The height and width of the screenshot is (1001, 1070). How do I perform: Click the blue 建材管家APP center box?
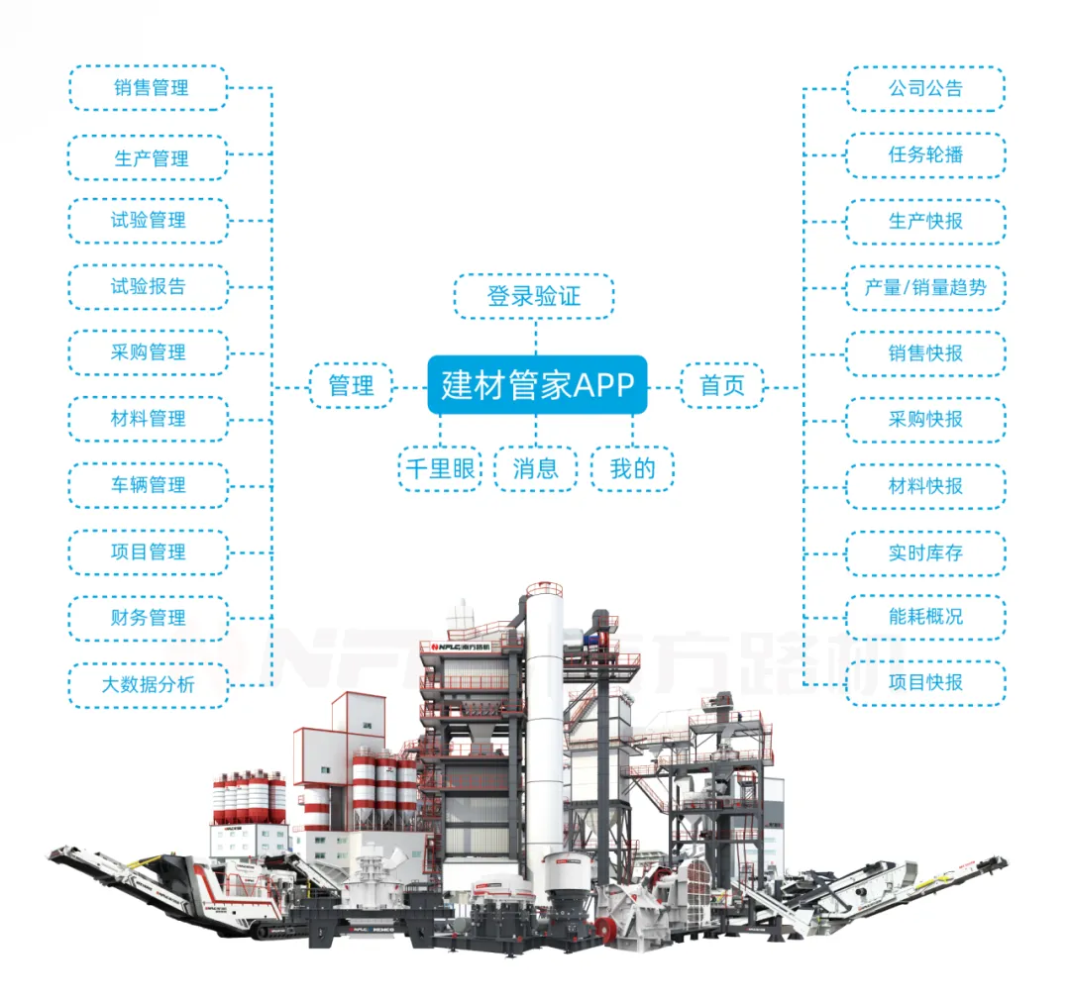pyautogui.click(x=537, y=384)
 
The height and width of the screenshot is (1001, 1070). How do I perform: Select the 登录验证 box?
pyautogui.click(x=534, y=296)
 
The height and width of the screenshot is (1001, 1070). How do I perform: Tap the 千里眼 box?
pyautogui.click(x=440, y=468)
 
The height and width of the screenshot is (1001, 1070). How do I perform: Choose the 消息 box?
pyautogui.click(x=536, y=468)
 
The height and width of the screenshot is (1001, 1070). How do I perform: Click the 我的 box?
pyautogui.click(x=633, y=468)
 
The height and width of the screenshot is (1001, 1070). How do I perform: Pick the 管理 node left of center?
pyautogui.click(x=351, y=385)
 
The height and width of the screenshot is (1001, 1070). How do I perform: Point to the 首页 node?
pyautogui.click(x=722, y=385)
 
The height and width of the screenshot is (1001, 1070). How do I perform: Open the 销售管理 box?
pyautogui.click(x=149, y=88)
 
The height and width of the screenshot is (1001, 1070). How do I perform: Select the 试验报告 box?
pyautogui.click(x=149, y=287)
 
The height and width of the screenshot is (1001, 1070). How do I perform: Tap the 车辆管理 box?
pyautogui.click(x=149, y=485)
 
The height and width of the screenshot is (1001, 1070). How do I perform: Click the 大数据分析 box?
pyautogui.click(x=149, y=684)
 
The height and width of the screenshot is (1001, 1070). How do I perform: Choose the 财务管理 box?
pyautogui.click(x=149, y=618)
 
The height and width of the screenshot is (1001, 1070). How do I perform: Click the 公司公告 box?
pyautogui.click(x=925, y=88)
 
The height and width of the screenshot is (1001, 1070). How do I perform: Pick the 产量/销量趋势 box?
pyautogui.click(x=925, y=288)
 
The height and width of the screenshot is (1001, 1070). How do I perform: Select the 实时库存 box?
pyautogui.click(x=925, y=552)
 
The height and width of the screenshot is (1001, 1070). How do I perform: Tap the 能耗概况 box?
pyautogui.click(x=925, y=617)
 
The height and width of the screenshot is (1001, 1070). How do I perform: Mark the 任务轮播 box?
pyautogui.click(x=925, y=154)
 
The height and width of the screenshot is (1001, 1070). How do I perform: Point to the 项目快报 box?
pyautogui.click(x=925, y=683)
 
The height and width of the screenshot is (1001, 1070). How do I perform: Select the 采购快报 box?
pyautogui.click(x=925, y=420)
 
